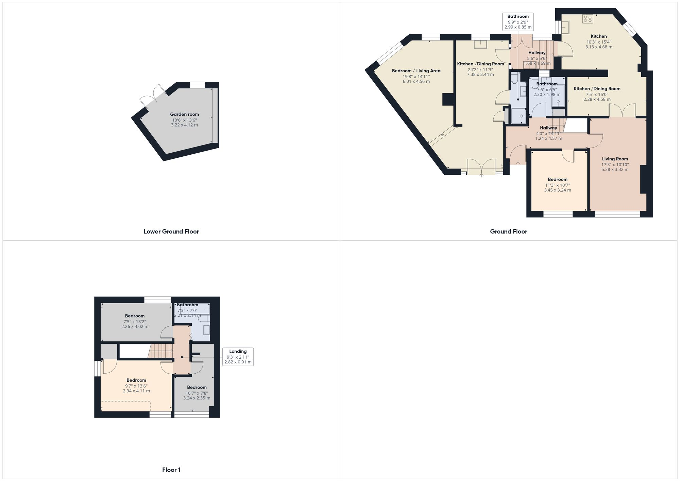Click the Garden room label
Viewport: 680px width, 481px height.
(184, 115)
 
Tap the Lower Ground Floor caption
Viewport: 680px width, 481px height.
(171, 231)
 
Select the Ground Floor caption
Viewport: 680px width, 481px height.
(508, 231)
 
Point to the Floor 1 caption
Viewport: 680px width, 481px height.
(171, 470)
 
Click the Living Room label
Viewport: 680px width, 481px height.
(615, 159)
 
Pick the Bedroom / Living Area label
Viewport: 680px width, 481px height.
(416, 71)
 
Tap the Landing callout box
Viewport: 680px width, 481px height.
(238, 357)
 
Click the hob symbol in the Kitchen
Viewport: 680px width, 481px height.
(588, 19)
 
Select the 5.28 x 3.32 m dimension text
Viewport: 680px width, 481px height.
(615, 169)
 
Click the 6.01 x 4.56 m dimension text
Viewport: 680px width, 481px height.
(416, 82)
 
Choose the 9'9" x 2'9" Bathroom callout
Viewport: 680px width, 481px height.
(518, 22)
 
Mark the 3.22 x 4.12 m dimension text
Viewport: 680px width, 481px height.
(184, 125)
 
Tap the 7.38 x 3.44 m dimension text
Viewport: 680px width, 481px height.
(480, 74)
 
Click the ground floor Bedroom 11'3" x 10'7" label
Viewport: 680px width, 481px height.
(557, 179)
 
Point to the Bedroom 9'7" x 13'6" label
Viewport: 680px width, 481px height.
(136, 380)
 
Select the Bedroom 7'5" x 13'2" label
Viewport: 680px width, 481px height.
(135, 316)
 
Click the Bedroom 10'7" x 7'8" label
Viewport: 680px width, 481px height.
(197, 388)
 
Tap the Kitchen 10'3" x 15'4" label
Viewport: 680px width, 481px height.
(598, 36)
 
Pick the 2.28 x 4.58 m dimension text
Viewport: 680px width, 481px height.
(597, 100)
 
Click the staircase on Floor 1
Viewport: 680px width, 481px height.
(160, 351)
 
